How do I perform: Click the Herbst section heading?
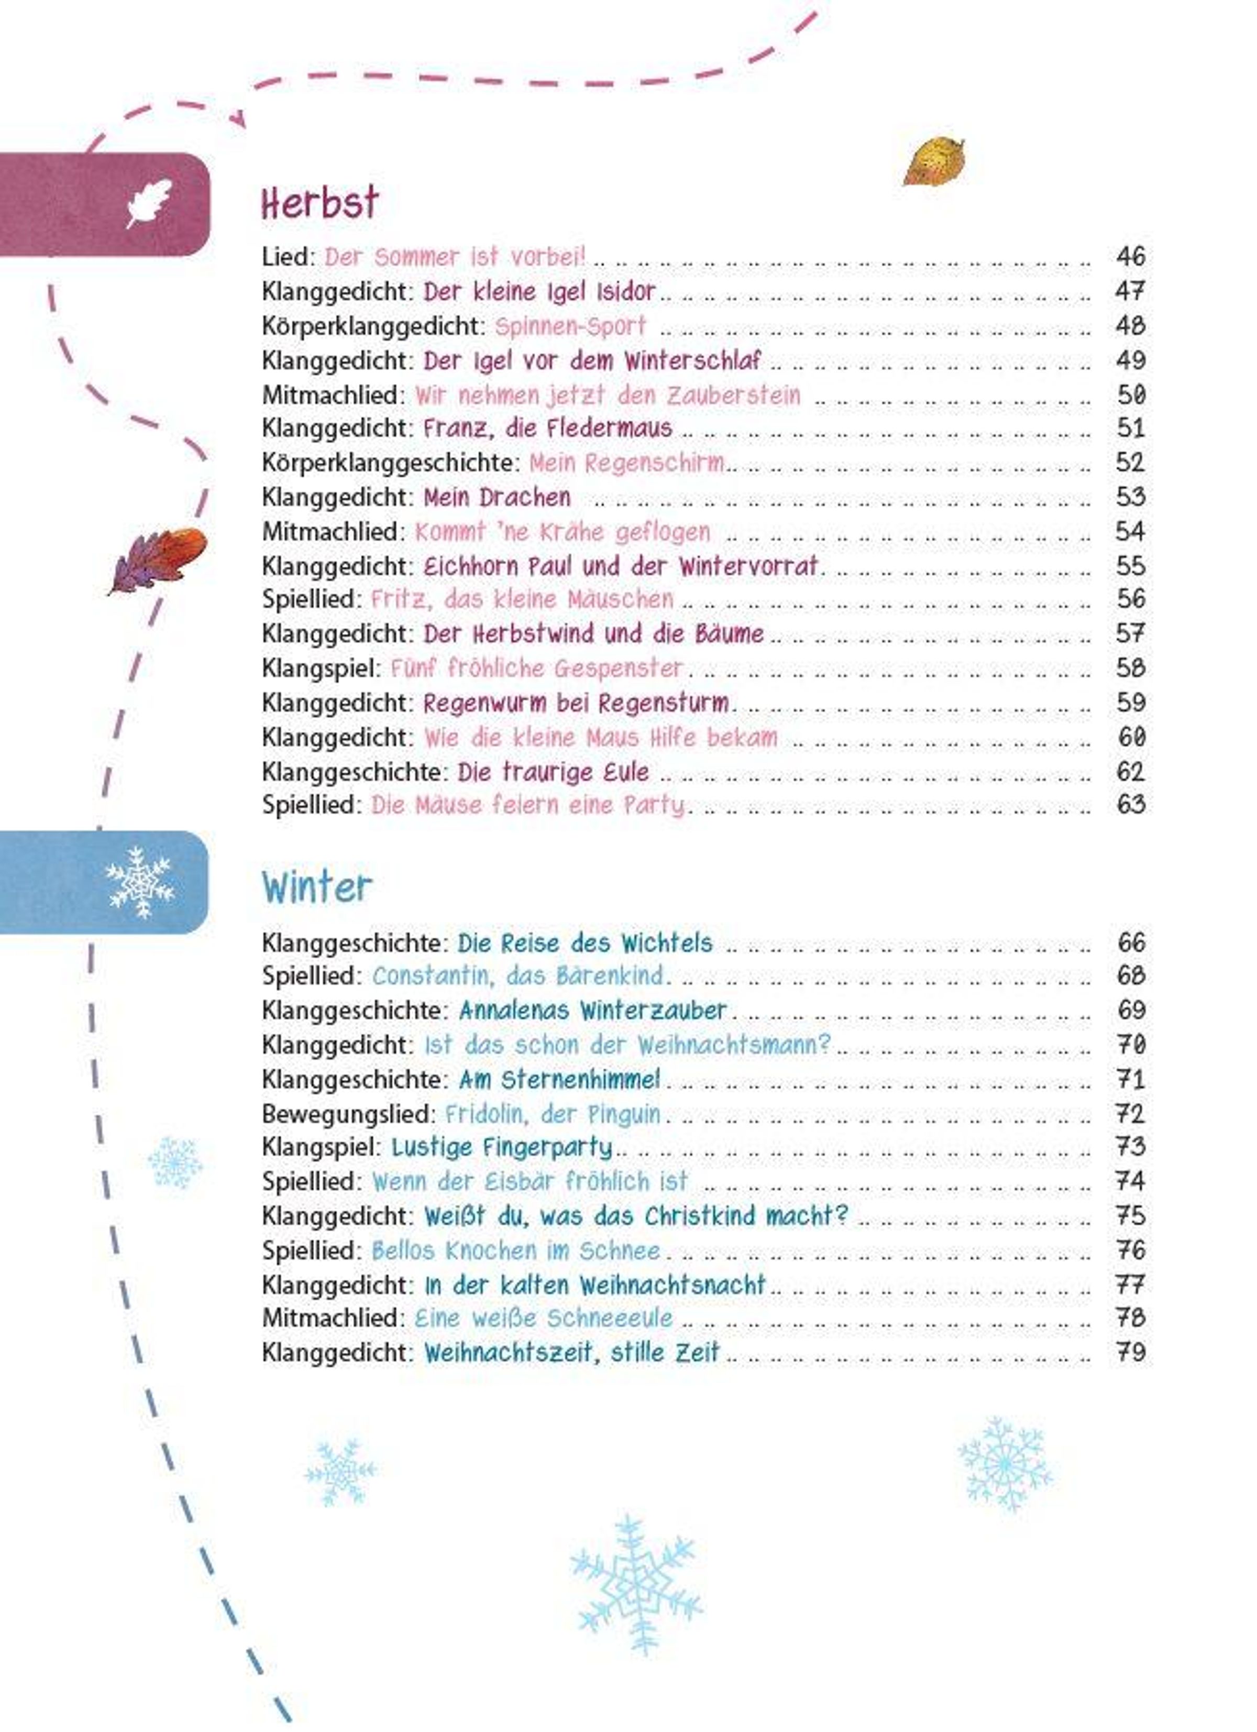point(319,203)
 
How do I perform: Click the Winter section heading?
point(317,887)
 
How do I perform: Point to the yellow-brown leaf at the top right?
point(933,161)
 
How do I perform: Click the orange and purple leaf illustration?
point(158,558)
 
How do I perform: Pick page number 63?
point(1130,804)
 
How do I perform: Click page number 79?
point(1130,1353)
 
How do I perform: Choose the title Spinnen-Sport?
point(570,326)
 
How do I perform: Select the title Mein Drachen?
point(497,497)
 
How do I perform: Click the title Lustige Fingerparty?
point(502,1147)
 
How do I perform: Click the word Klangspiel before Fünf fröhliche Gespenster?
point(321,668)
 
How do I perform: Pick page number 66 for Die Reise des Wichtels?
point(1130,942)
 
